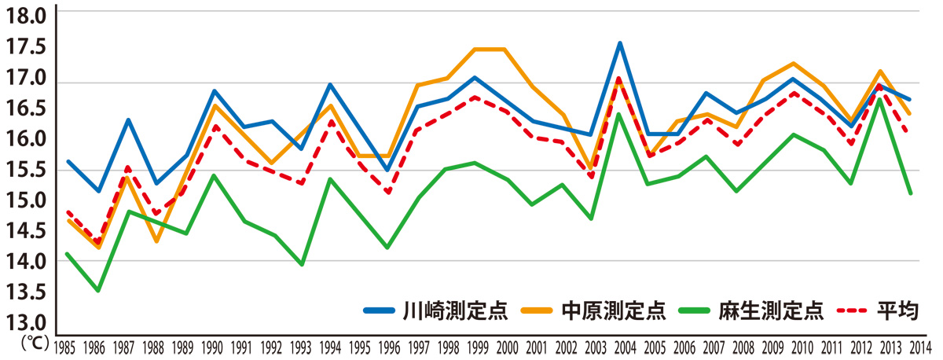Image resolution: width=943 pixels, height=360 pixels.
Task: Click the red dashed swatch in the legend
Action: pos(851,310)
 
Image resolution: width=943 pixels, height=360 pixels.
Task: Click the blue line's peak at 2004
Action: pos(621,43)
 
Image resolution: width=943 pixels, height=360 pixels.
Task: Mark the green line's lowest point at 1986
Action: pos(97,291)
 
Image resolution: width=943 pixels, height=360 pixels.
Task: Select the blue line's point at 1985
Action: pos(68,161)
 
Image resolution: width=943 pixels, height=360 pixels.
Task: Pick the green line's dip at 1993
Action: pos(302,265)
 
